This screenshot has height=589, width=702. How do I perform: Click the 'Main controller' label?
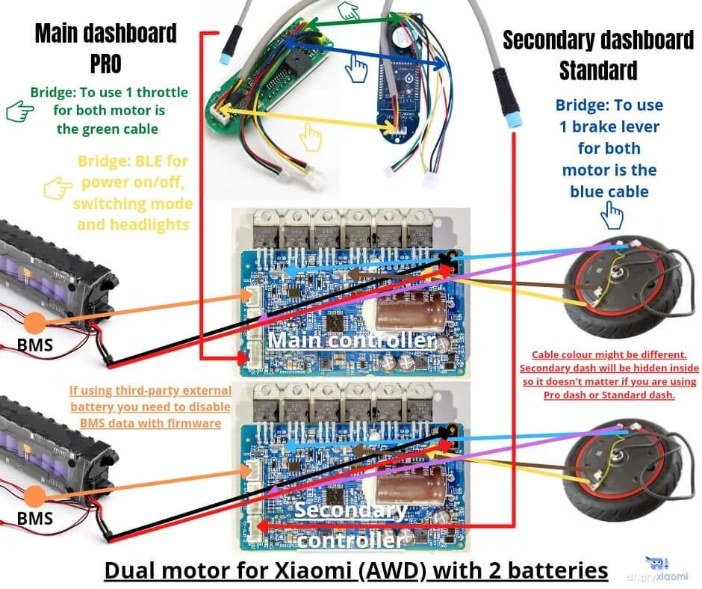pyautogui.click(x=351, y=341)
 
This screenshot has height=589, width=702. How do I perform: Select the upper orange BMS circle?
pyautogui.click(x=34, y=323)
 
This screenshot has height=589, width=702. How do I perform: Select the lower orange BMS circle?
pyautogui.click(x=34, y=497)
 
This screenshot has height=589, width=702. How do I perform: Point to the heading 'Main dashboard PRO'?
pyautogui.click(x=105, y=48)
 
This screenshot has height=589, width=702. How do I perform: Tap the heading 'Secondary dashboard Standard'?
pyautogui.click(x=597, y=55)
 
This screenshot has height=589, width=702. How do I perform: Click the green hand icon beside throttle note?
pyautogui.click(x=16, y=112)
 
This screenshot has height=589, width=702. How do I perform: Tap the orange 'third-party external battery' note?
pyautogui.click(x=150, y=407)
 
